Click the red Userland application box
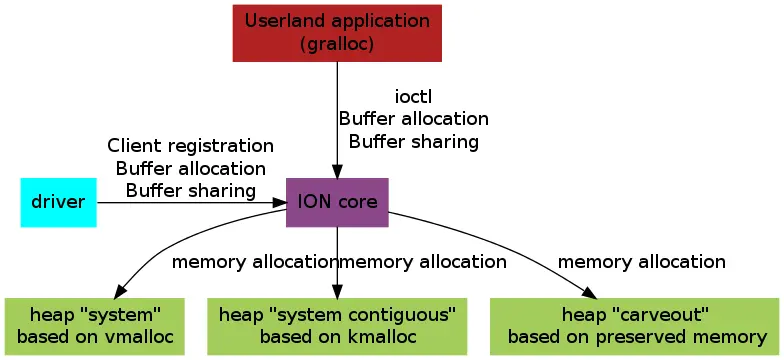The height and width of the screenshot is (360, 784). tap(337, 32)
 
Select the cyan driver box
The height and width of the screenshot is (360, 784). tap(58, 202)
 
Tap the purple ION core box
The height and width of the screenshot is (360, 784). tap(337, 202)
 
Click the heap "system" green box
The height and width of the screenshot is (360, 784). tap(95, 325)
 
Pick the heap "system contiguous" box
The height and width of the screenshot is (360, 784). tap(337, 325)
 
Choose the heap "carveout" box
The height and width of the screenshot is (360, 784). tap(636, 325)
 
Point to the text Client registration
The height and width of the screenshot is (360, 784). tap(190, 146)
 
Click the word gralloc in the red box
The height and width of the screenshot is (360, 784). tap(337, 43)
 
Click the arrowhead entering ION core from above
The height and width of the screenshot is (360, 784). tap(337, 171)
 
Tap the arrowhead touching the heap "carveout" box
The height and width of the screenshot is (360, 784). tap(590, 292)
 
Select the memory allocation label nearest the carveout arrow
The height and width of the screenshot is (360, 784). tap(641, 262)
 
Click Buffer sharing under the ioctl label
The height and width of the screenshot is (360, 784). tap(413, 141)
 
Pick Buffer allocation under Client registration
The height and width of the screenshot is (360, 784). tap(190, 168)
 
